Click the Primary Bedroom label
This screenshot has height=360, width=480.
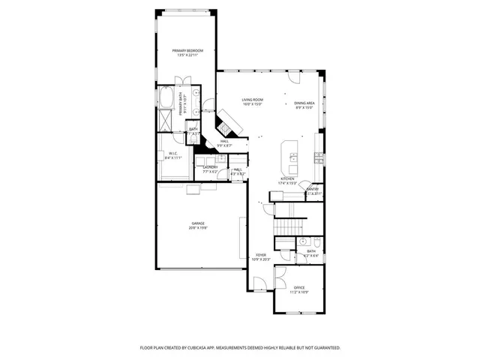point(187,51)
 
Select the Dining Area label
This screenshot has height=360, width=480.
point(304,103)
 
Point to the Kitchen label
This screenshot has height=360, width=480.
point(287,179)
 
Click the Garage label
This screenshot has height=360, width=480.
point(198,224)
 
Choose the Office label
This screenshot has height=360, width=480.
point(299,288)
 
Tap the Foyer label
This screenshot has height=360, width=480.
point(261,256)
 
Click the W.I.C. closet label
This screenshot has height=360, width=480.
point(172,155)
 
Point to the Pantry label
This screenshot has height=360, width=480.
point(313,190)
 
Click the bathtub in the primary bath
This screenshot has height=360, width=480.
point(166,98)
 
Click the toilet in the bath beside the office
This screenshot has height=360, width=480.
point(317,242)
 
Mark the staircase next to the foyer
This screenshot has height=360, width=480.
point(289,225)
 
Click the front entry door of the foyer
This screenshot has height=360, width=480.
point(259,285)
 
